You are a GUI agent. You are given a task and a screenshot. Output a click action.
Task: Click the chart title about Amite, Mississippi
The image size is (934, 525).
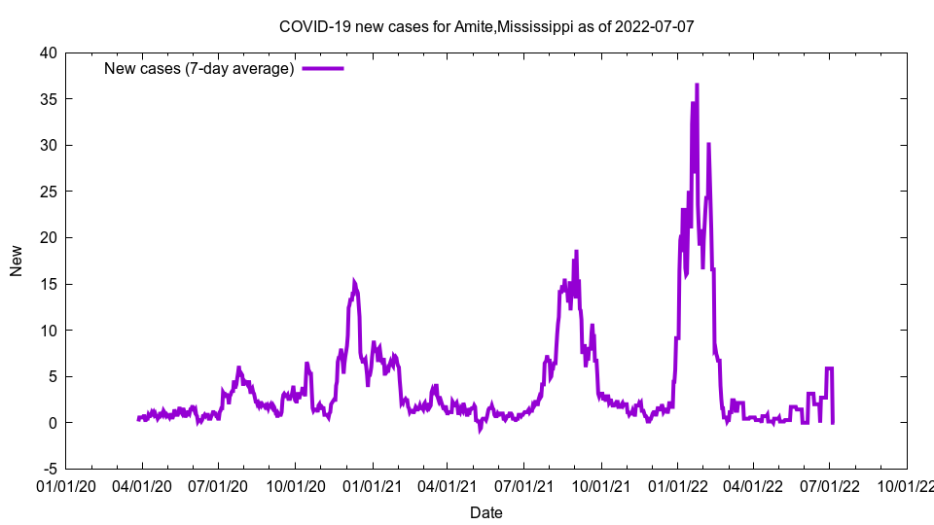tap(486, 26)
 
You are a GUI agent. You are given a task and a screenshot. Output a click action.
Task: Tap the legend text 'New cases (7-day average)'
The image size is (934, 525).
tap(199, 68)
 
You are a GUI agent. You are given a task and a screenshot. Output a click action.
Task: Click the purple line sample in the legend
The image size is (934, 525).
tap(323, 68)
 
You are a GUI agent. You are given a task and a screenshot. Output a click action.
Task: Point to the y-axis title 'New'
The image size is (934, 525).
tap(17, 261)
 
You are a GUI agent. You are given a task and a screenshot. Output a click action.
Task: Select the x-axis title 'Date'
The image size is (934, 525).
tap(486, 512)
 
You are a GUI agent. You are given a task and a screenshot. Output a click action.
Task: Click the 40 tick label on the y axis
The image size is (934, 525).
tap(48, 52)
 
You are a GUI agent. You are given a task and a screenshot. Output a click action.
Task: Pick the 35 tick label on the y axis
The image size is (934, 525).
tap(48, 99)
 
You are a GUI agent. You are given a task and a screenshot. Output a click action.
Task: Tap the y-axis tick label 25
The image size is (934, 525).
tap(48, 192)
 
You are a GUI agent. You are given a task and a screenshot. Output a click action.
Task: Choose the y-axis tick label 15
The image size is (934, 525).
tap(48, 284)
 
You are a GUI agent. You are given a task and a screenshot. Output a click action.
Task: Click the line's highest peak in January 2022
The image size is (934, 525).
tap(697, 85)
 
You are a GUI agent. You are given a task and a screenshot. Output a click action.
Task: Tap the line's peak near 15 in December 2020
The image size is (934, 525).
tap(354, 282)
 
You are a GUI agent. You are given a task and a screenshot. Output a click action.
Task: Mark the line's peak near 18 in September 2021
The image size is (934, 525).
tap(576, 251)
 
